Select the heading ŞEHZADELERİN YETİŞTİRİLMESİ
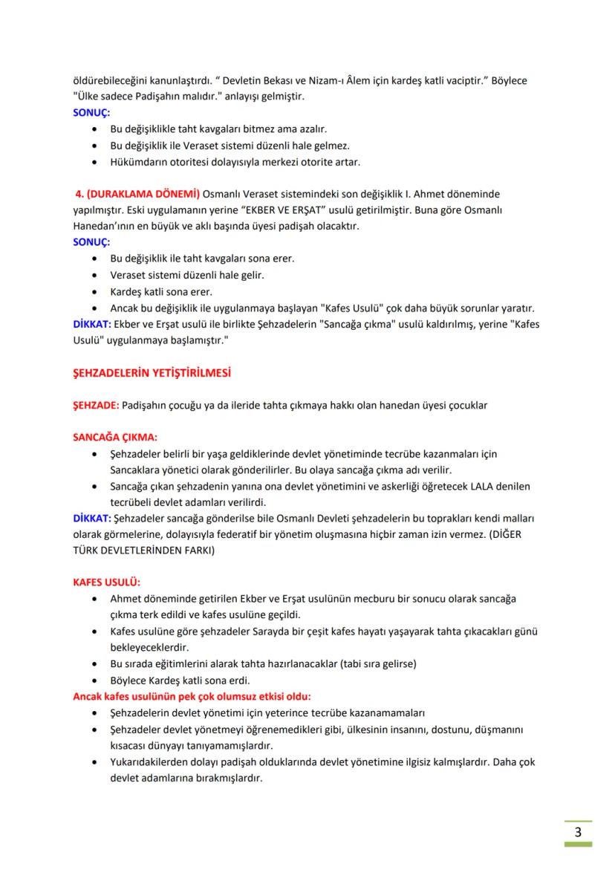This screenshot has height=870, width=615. [x=152, y=373]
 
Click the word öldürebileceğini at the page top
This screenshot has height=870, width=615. [x=110, y=79]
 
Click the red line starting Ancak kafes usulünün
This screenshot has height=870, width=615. [x=192, y=696]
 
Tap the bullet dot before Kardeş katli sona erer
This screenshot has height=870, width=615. [x=93, y=291]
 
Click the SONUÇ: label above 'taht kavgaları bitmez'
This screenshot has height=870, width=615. [x=91, y=112]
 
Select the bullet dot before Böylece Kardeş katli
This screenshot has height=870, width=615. [x=93, y=680]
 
